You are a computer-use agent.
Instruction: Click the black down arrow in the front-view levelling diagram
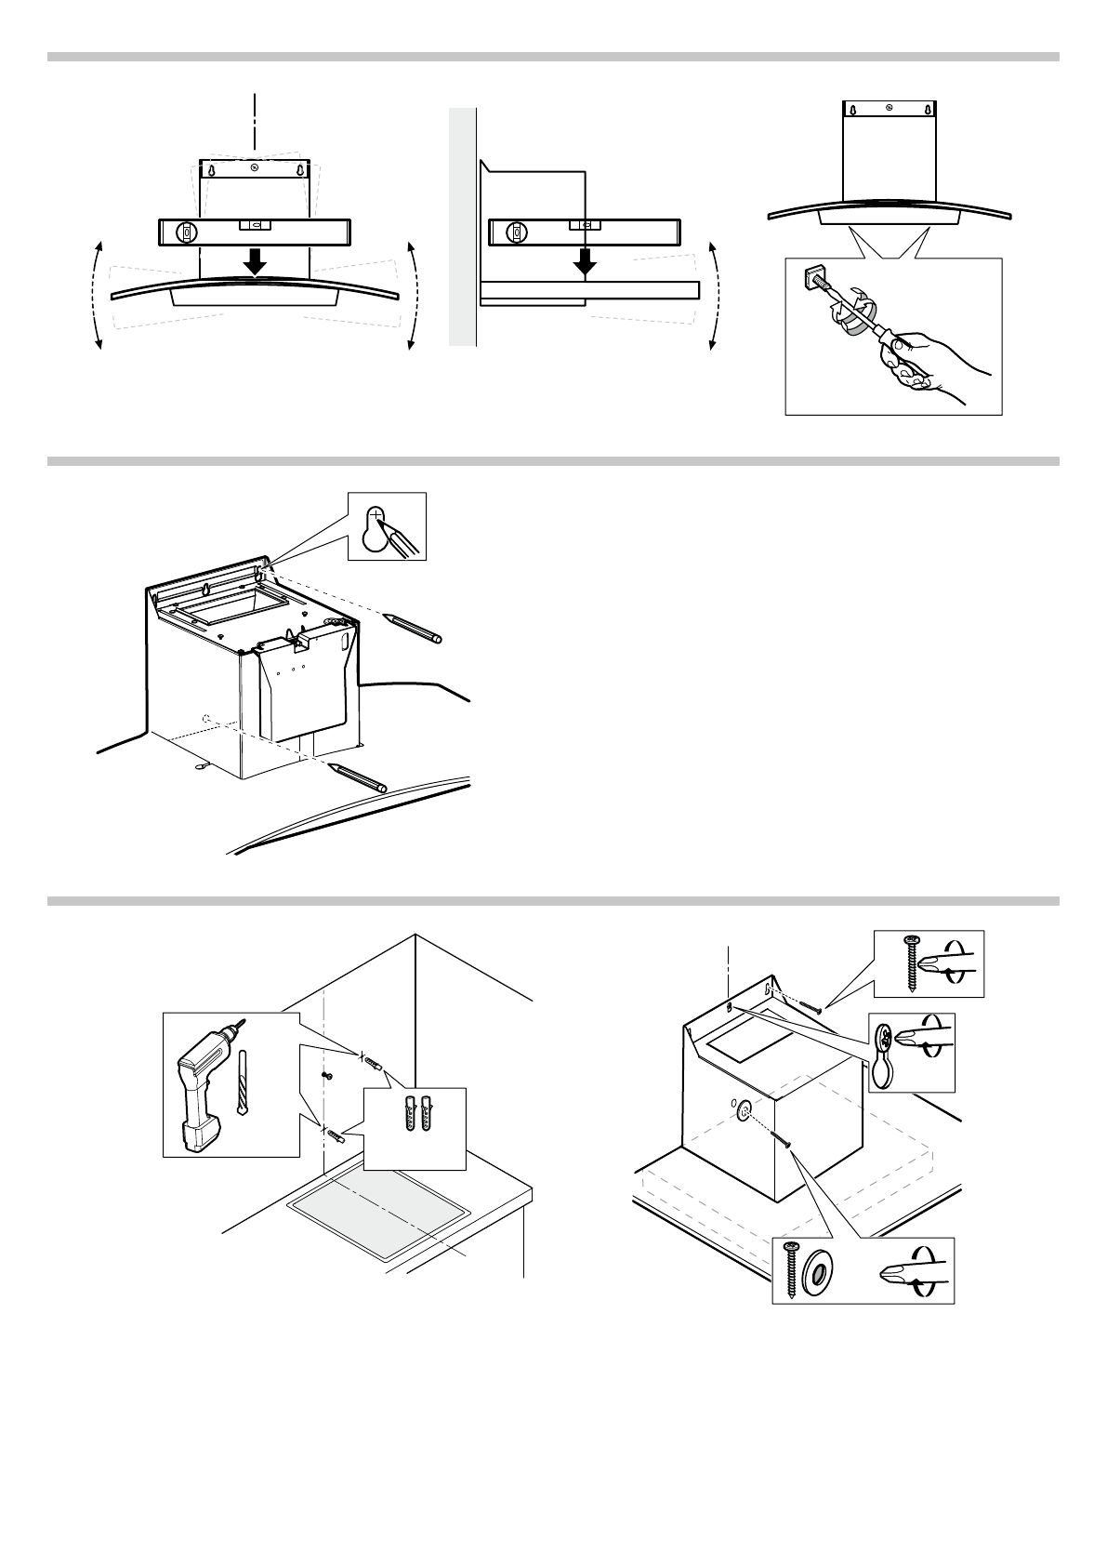254,265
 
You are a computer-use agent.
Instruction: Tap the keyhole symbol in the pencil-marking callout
376,530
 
